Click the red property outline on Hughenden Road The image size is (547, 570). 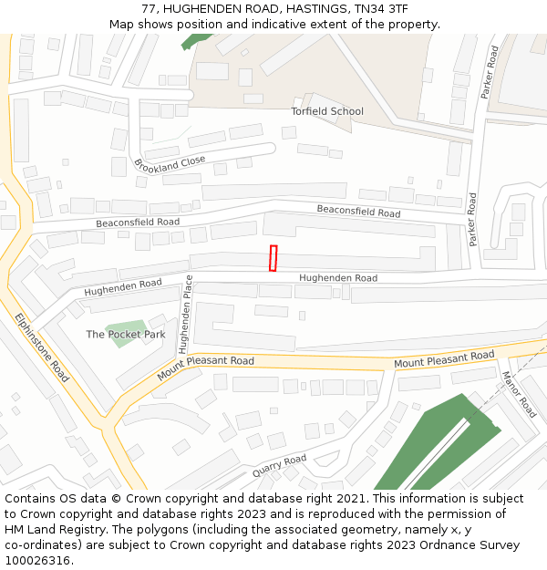(x=273, y=258)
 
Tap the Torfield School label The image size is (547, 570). (x=327, y=111)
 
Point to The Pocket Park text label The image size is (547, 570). (x=126, y=335)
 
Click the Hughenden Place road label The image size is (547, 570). (x=185, y=314)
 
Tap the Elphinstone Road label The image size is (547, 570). (x=42, y=347)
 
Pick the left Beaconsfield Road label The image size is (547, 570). (x=138, y=222)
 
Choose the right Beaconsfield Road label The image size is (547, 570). (x=358, y=212)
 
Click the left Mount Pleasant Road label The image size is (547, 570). (x=205, y=368)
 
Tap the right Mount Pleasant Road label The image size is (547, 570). (x=444, y=359)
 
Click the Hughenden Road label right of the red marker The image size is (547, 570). (x=338, y=278)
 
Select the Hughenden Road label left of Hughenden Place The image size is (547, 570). (x=123, y=288)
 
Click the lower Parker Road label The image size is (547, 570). (x=472, y=219)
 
